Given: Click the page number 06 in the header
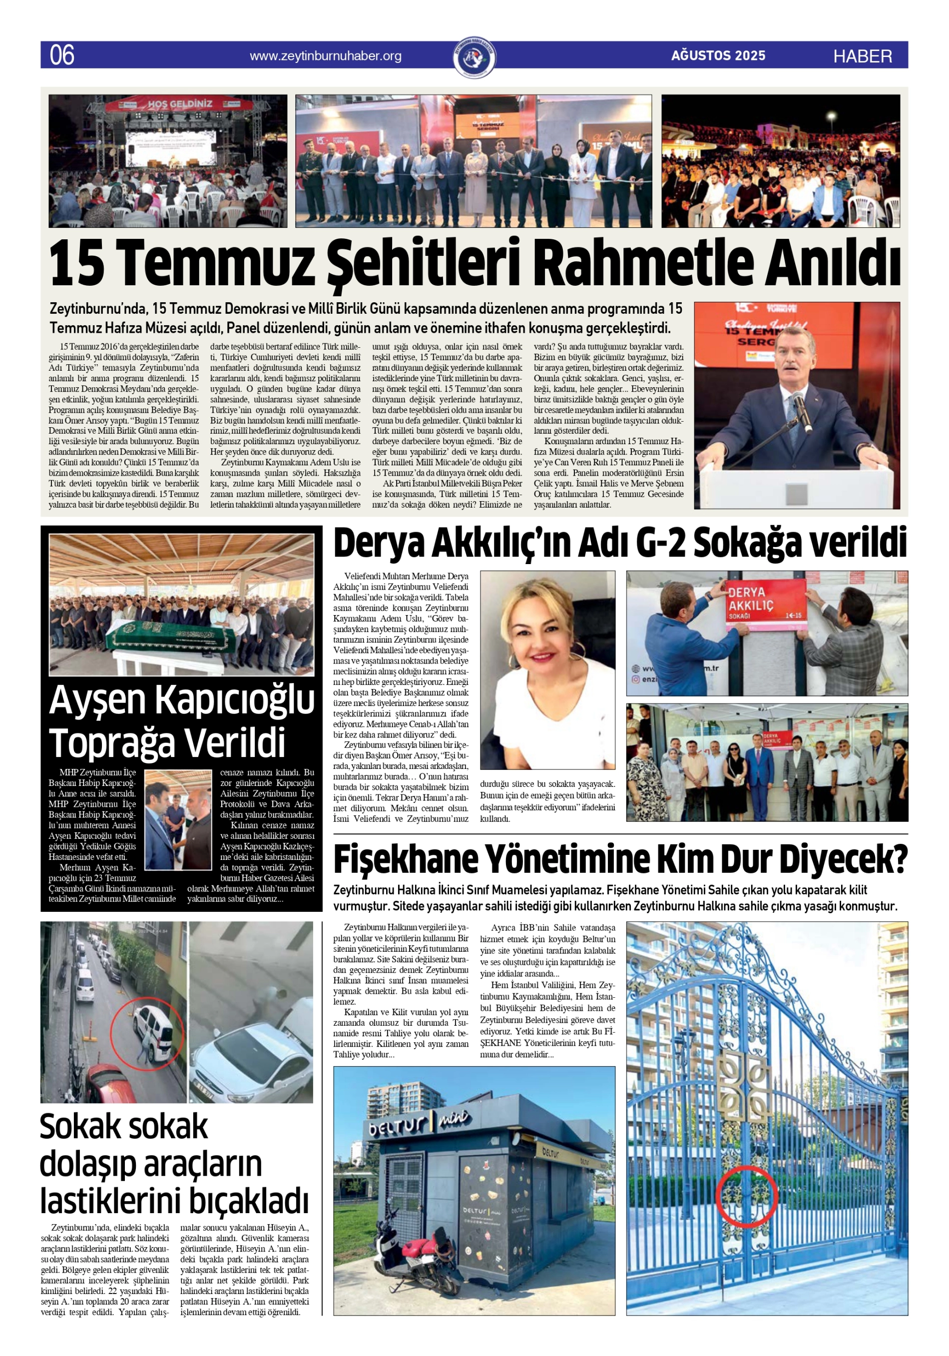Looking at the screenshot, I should tap(62, 55).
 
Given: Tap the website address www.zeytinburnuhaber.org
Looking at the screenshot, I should tap(325, 56).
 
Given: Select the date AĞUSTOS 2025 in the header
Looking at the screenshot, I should tap(718, 55).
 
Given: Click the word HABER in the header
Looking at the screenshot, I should tap(862, 56).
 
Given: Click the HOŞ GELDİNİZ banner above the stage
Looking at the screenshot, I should tap(179, 104).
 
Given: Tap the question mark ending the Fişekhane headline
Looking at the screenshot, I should tap(898, 860).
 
